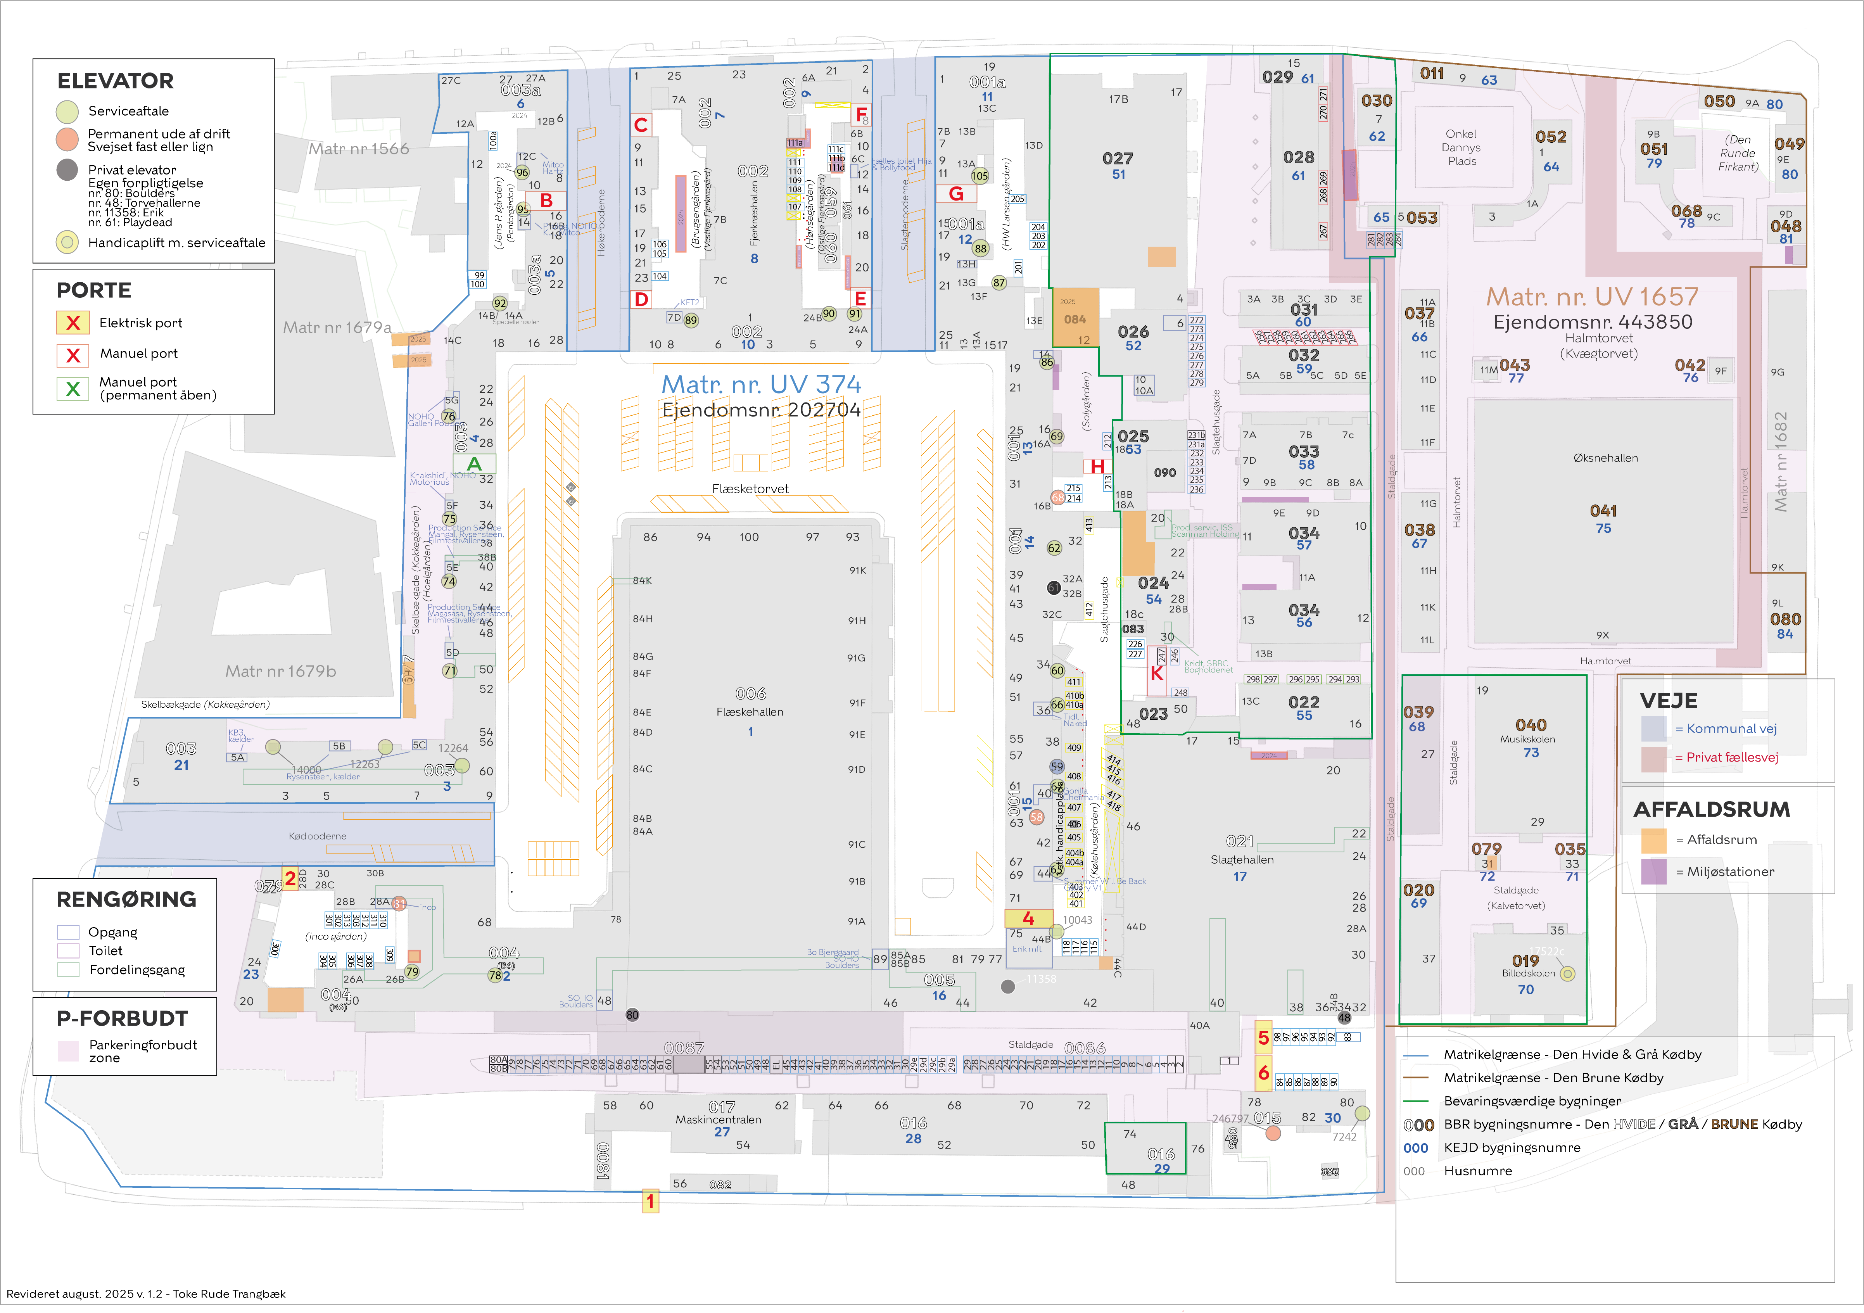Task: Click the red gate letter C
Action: click(641, 125)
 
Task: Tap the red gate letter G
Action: click(956, 194)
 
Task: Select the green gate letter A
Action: click(474, 464)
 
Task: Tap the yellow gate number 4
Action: click(1028, 918)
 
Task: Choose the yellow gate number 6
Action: click(1263, 1073)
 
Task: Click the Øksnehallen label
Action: click(1605, 458)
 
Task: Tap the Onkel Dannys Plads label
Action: click(1461, 148)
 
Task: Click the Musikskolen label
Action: click(1528, 739)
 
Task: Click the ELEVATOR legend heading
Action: click(115, 81)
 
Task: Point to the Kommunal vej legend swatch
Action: click(1654, 728)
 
